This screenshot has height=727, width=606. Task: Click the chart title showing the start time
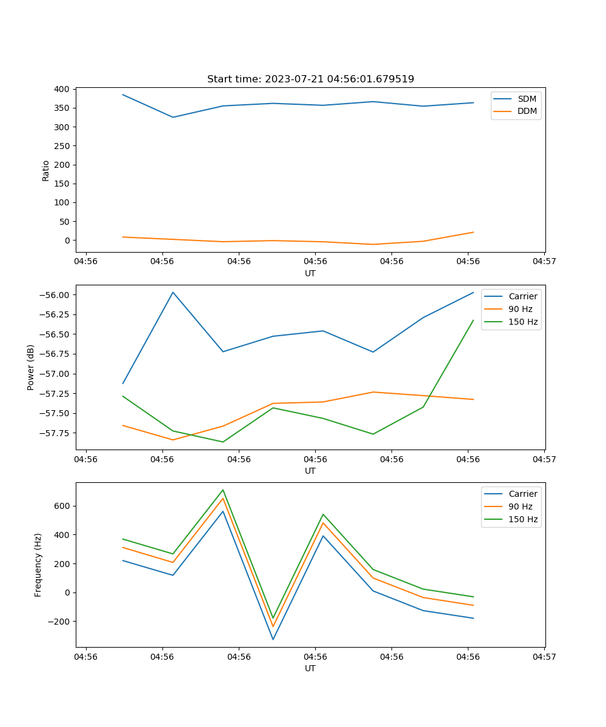[x=310, y=79]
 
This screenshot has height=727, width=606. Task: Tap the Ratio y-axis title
[x=46, y=170]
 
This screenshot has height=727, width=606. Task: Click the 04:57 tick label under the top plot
[x=544, y=262]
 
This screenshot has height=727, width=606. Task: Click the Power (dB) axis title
[x=31, y=367]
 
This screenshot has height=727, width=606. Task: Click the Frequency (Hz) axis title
[x=38, y=565]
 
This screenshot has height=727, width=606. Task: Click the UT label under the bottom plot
[x=310, y=668]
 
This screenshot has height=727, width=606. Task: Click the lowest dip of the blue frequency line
[x=273, y=639]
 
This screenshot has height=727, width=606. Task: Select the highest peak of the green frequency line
[x=223, y=490]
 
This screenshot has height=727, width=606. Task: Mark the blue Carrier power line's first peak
[x=173, y=292]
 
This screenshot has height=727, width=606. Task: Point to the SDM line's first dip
[x=173, y=117]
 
